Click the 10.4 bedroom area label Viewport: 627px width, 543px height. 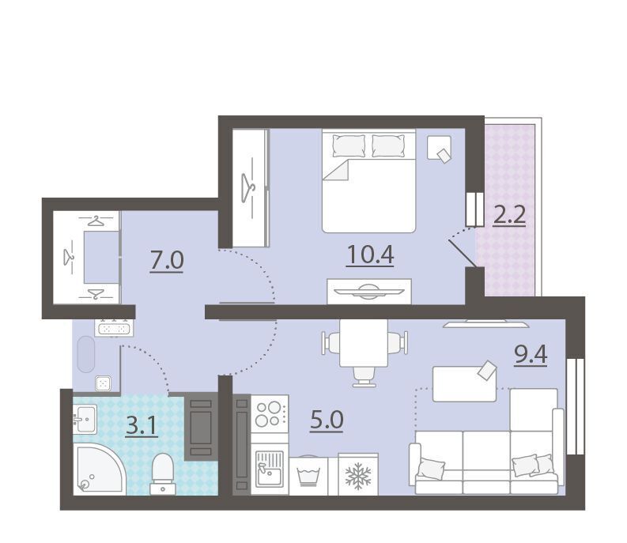coord(370,255)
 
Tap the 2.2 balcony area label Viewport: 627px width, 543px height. coord(509,216)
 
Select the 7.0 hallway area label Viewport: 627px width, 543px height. coord(167,260)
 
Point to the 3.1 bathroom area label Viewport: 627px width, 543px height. coord(142,426)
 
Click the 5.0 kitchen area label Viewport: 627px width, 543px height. coord(327,420)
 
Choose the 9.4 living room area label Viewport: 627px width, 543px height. coord(531,354)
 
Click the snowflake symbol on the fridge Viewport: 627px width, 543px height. coord(358,476)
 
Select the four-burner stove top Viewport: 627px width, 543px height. coord(269,414)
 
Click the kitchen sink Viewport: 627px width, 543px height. coord(270,469)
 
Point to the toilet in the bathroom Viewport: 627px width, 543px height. coord(163,473)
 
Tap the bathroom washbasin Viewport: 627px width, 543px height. coord(85,419)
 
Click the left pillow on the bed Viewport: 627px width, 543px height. coord(349,146)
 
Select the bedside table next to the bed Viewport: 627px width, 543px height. coord(439,148)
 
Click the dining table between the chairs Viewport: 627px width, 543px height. coord(364,343)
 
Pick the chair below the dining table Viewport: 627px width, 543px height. coord(364,377)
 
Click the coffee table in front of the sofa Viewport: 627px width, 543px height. coord(465,384)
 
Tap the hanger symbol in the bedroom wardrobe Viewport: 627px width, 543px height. coord(248,187)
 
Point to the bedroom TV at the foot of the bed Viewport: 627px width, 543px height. coord(369,292)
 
